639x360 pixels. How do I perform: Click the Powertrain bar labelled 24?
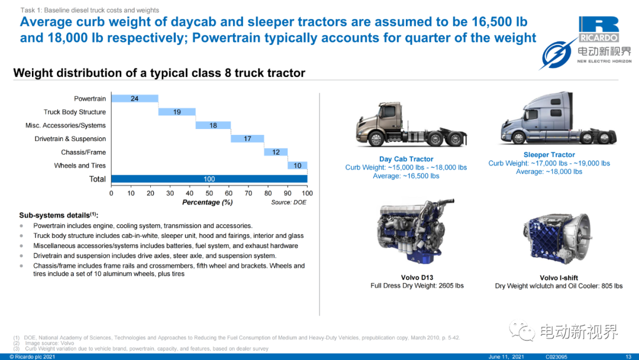(x=135, y=99)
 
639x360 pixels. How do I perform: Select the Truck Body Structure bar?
(x=177, y=112)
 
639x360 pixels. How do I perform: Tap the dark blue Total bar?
(x=209, y=179)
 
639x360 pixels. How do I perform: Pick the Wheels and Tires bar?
(x=298, y=166)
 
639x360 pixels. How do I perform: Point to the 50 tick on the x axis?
(x=209, y=193)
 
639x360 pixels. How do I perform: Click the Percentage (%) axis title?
(x=208, y=202)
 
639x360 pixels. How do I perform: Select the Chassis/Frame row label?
(x=83, y=153)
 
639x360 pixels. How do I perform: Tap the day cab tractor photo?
(x=412, y=124)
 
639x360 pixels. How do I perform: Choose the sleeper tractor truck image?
(x=559, y=118)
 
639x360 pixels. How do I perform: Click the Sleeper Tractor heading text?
(x=549, y=155)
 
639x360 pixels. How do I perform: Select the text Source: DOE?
(x=289, y=202)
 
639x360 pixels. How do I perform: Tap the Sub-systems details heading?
(x=59, y=216)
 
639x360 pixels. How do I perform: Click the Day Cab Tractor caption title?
(x=406, y=159)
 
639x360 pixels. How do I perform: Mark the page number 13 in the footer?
(x=628, y=356)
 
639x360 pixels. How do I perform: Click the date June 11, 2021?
(x=506, y=356)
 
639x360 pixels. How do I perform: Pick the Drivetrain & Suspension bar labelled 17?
(x=247, y=139)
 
